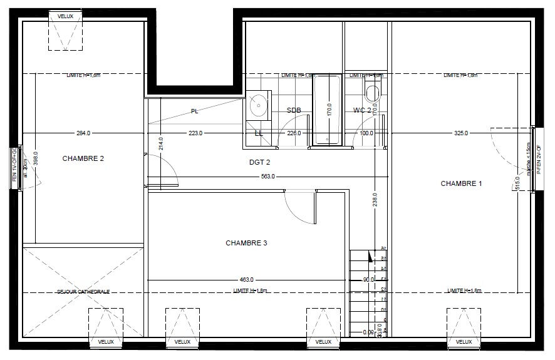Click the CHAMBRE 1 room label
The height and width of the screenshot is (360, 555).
[462, 183]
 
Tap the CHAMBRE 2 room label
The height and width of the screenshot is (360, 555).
[83, 158]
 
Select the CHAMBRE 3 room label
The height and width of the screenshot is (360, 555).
[246, 242]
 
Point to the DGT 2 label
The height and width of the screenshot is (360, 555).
[259, 162]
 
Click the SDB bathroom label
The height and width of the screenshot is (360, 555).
[294, 110]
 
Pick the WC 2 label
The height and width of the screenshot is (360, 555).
[363, 110]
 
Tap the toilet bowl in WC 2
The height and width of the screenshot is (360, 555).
[374, 92]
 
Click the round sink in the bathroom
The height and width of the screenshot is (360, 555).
[258, 105]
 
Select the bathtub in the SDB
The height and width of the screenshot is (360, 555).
[326, 110]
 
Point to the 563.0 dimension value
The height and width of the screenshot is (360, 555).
[268, 177]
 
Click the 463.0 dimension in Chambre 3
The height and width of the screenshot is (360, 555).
[246, 279]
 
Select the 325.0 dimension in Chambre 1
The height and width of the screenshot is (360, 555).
[460, 133]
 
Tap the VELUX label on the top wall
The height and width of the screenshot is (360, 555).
[65, 16]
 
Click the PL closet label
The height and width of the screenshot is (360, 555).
[195, 111]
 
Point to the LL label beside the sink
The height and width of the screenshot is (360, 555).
[259, 133]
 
